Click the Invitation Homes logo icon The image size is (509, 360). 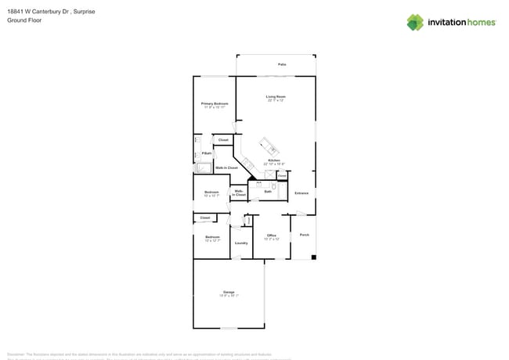(x=414, y=22)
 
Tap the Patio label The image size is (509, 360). (x=282, y=64)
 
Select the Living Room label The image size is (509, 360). (x=276, y=96)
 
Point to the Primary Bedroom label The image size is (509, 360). (x=214, y=103)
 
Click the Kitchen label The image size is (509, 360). (x=273, y=160)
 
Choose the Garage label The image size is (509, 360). (x=229, y=292)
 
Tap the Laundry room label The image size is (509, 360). (x=241, y=243)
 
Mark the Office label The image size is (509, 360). (x=272, y=235)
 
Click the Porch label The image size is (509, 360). (x=305, y=234)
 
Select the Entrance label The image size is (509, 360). (x=301, y=193)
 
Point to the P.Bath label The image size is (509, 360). (x=206, y=153)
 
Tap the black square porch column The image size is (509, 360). (x=313, y=257)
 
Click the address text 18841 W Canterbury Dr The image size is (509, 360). (x=40, y=13)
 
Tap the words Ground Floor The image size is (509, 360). (x=24, y=20)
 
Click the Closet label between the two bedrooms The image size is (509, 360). (x=205, y=218)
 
